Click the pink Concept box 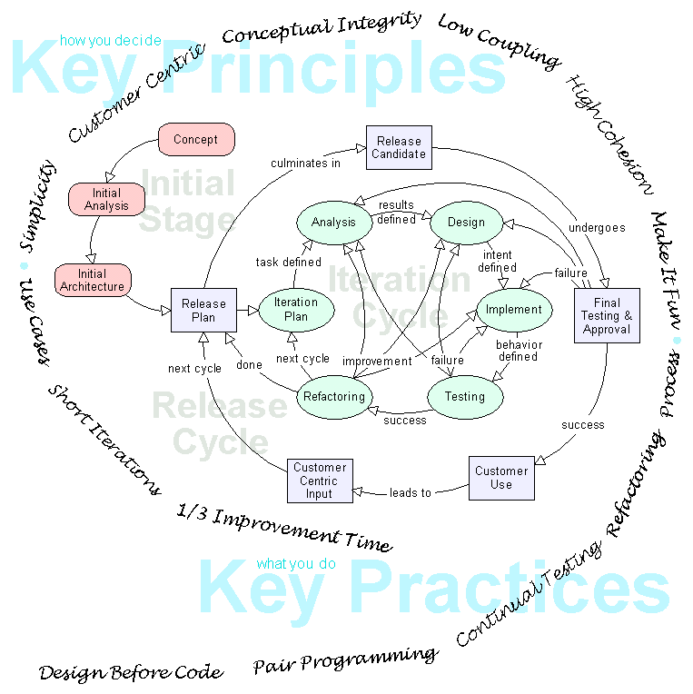pos(196,140)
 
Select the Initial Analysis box pos(107,200)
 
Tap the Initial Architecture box pos(93,281)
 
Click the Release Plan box pos(203,311)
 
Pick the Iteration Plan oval pos(296,310)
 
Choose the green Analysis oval pos(333,223)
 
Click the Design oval pos(466,223)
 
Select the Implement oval pos(514,310)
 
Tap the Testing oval pos(464,397)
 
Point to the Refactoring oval pos(335,397)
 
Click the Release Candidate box pos(399,148)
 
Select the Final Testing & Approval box pos(607,315)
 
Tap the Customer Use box pos(501,478)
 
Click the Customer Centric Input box pos(320,481)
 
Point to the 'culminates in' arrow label pos(306,164)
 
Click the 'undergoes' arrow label pos(597,228)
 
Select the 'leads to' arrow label pos(411,493)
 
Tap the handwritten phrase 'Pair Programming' pos(345,660)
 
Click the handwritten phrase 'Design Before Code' pos(130,673)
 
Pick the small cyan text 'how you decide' pos(110,41)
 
